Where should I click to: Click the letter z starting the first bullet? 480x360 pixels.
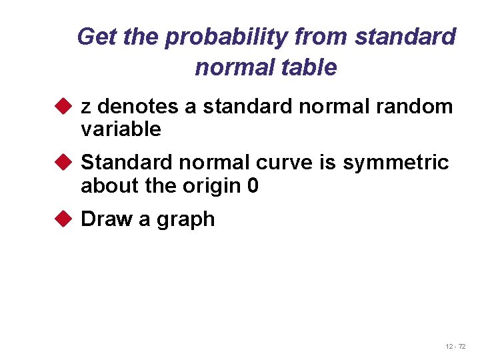click(x=86, y=107)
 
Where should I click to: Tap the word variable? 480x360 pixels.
click(x=121, y=129)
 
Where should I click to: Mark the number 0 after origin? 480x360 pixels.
click(x=253, y=185)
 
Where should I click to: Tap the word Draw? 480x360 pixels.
click(x=107, y=219)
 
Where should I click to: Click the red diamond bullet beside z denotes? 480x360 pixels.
click(x=64, y=106)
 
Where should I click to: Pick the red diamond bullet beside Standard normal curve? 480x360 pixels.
click(x=64, y=163)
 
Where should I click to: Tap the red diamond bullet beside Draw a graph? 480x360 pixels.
click(x=64, y=219)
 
